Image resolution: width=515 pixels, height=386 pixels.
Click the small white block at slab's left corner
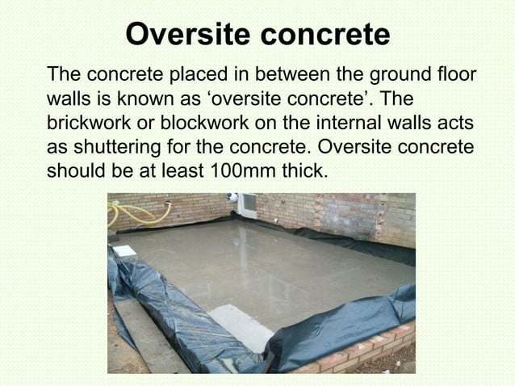pyautogui.click(x=124, y=251)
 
